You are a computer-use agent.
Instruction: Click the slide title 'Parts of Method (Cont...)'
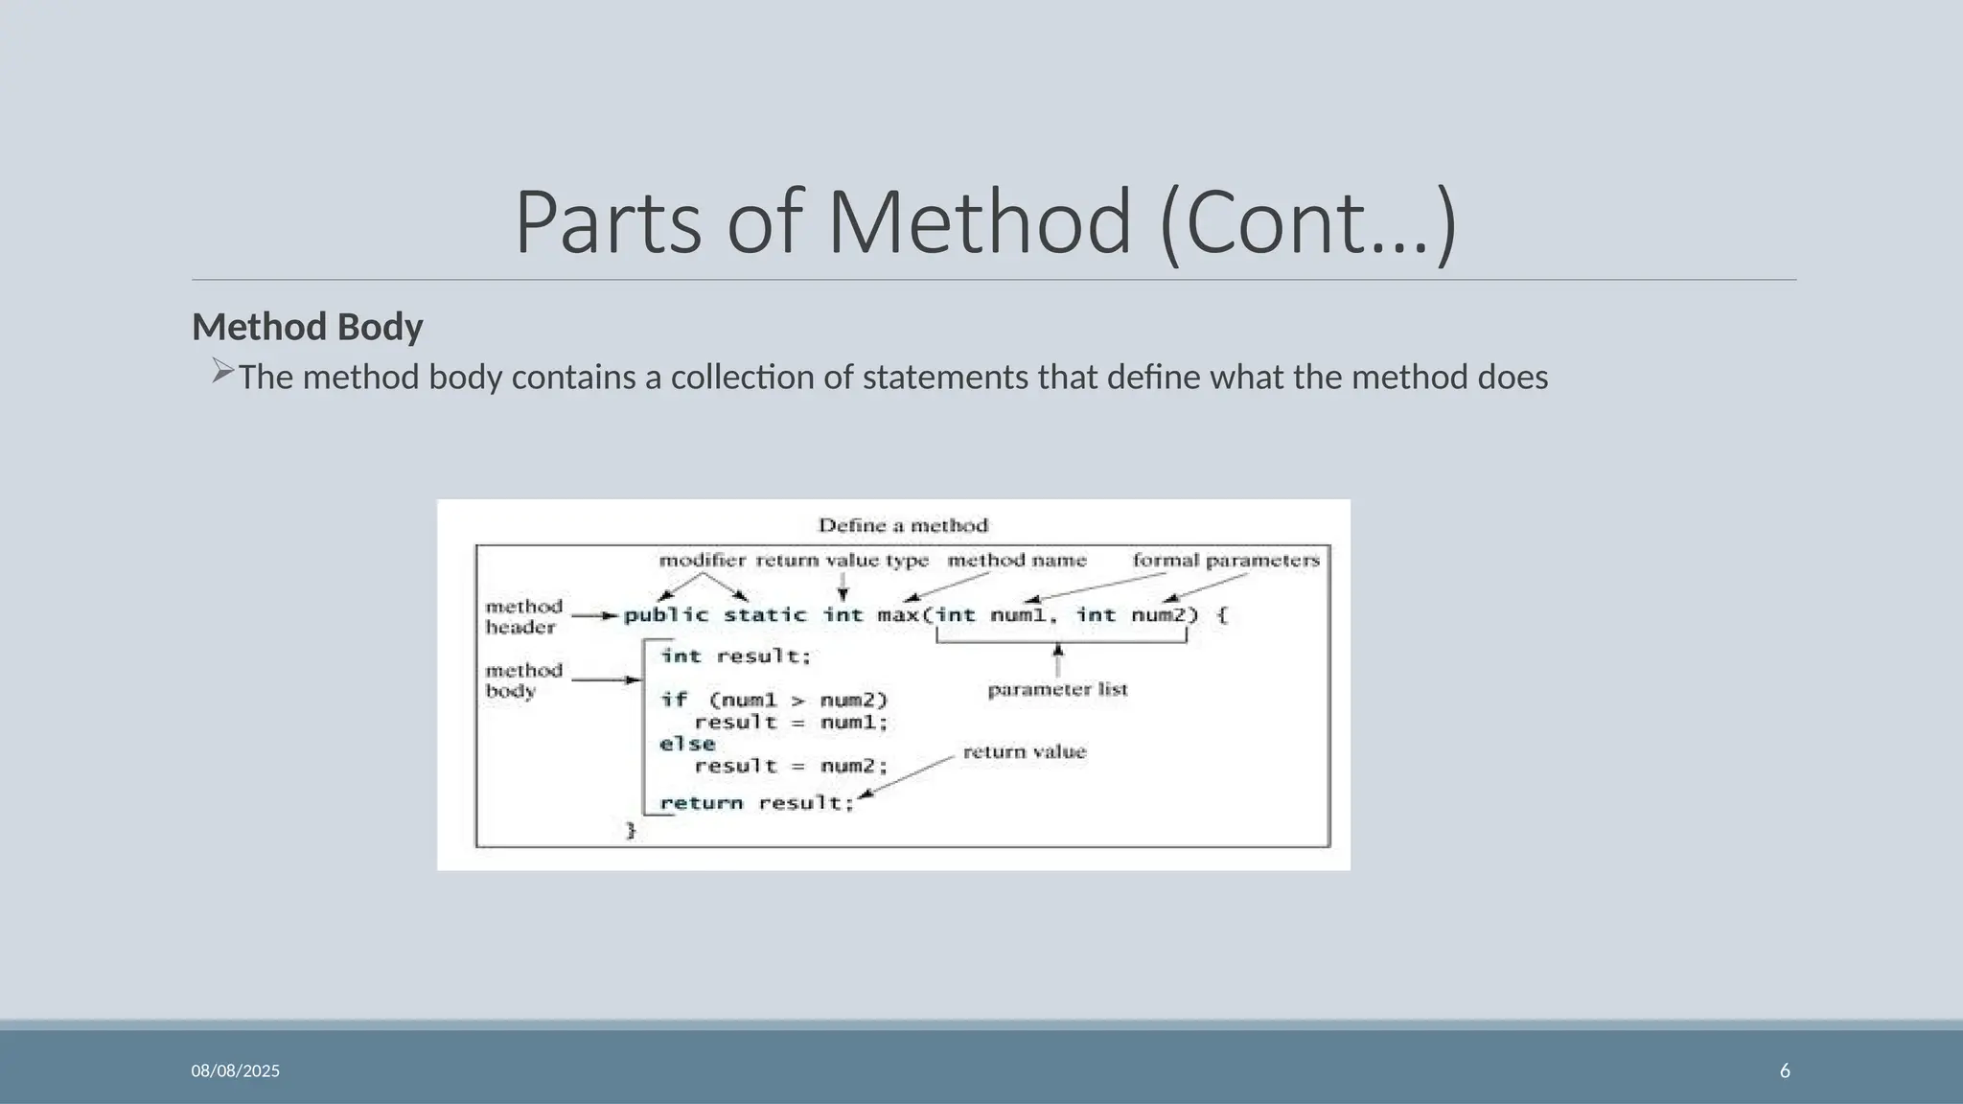coord(985,222)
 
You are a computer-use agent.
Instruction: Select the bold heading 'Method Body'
coord(307,327)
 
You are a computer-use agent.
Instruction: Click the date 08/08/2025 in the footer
coord(236,1070)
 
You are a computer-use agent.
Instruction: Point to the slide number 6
coord(1785,1070)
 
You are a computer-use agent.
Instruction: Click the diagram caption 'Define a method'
coord(903,525)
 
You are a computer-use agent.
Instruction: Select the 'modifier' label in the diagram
coord(703,560)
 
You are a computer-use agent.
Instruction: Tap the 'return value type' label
coord(843,560)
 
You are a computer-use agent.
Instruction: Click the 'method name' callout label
coord(1017,560)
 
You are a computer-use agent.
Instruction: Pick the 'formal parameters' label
coord(1226,560)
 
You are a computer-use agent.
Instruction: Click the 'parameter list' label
coord(1057,689)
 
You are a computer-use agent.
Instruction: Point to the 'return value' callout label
coord(1025,751)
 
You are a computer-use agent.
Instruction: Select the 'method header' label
coord(522,616)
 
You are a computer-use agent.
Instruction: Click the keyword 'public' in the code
coord(666,615)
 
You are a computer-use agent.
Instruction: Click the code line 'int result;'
coord(736,656)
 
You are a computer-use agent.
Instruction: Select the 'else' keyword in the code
coord(687,744)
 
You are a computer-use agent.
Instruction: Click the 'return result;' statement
coord(757,803)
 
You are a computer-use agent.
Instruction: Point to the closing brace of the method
coord(631,830)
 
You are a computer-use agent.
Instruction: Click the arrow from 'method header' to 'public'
coord(594,616)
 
